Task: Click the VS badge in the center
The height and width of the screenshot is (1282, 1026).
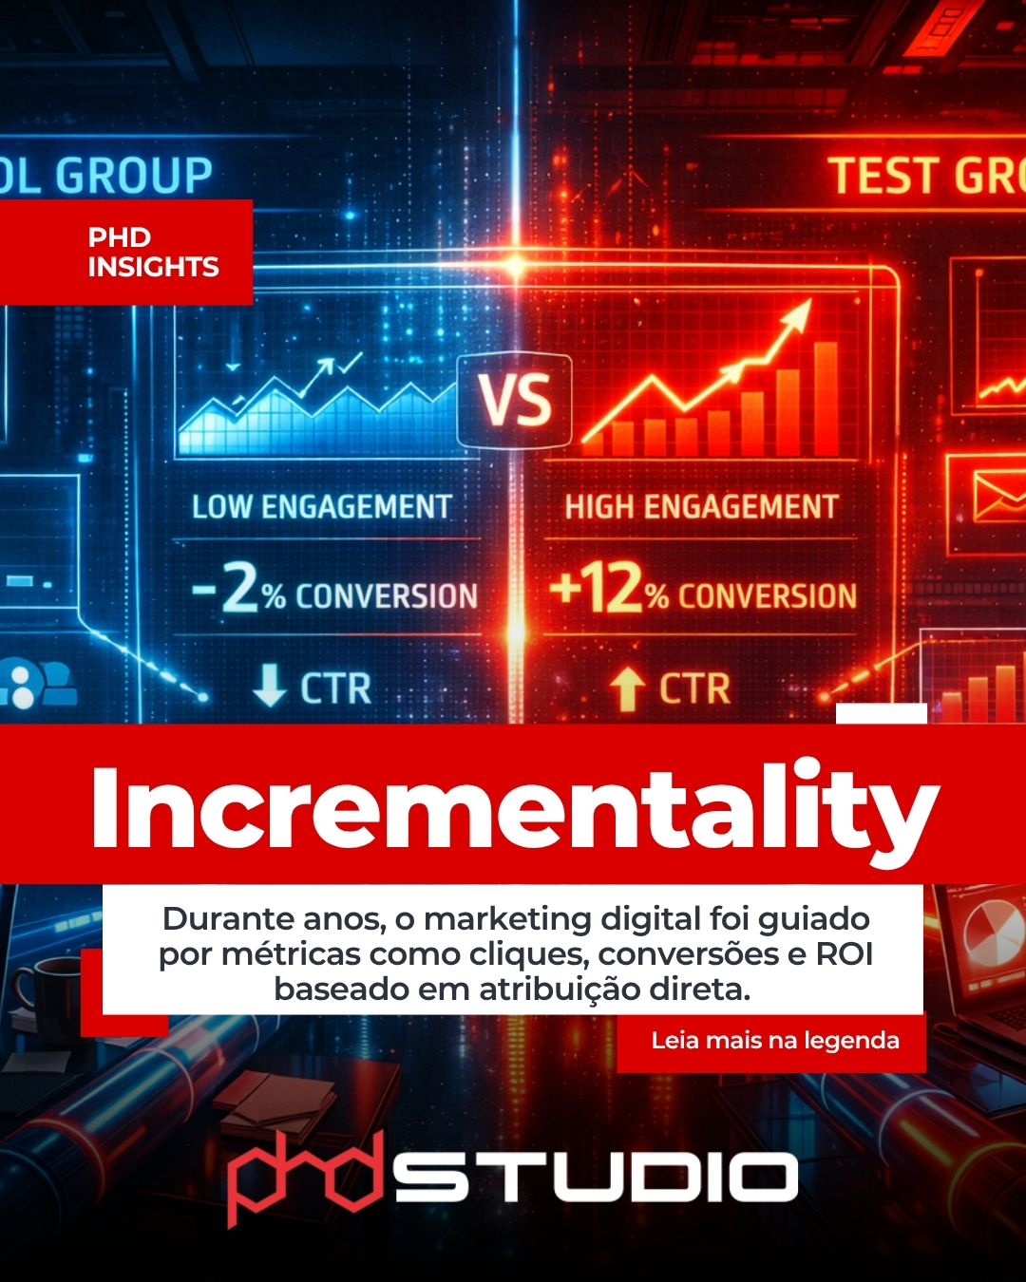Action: tap(514, 400)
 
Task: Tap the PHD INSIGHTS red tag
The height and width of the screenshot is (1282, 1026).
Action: tap(152, 252)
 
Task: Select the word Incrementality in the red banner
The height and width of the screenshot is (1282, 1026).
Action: tap(514, 807)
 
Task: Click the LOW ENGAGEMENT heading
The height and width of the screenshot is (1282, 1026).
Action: tap(321, 507)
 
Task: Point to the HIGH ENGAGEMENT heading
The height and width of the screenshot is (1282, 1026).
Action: tap(701, 507)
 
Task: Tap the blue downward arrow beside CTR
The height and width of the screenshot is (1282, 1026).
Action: tap(270, 686)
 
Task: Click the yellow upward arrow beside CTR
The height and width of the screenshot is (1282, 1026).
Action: tap(627, 688)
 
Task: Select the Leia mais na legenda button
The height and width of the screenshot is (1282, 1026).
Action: tap(774, 1041)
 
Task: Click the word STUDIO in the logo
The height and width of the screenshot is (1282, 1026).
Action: tap(597, 1178)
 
